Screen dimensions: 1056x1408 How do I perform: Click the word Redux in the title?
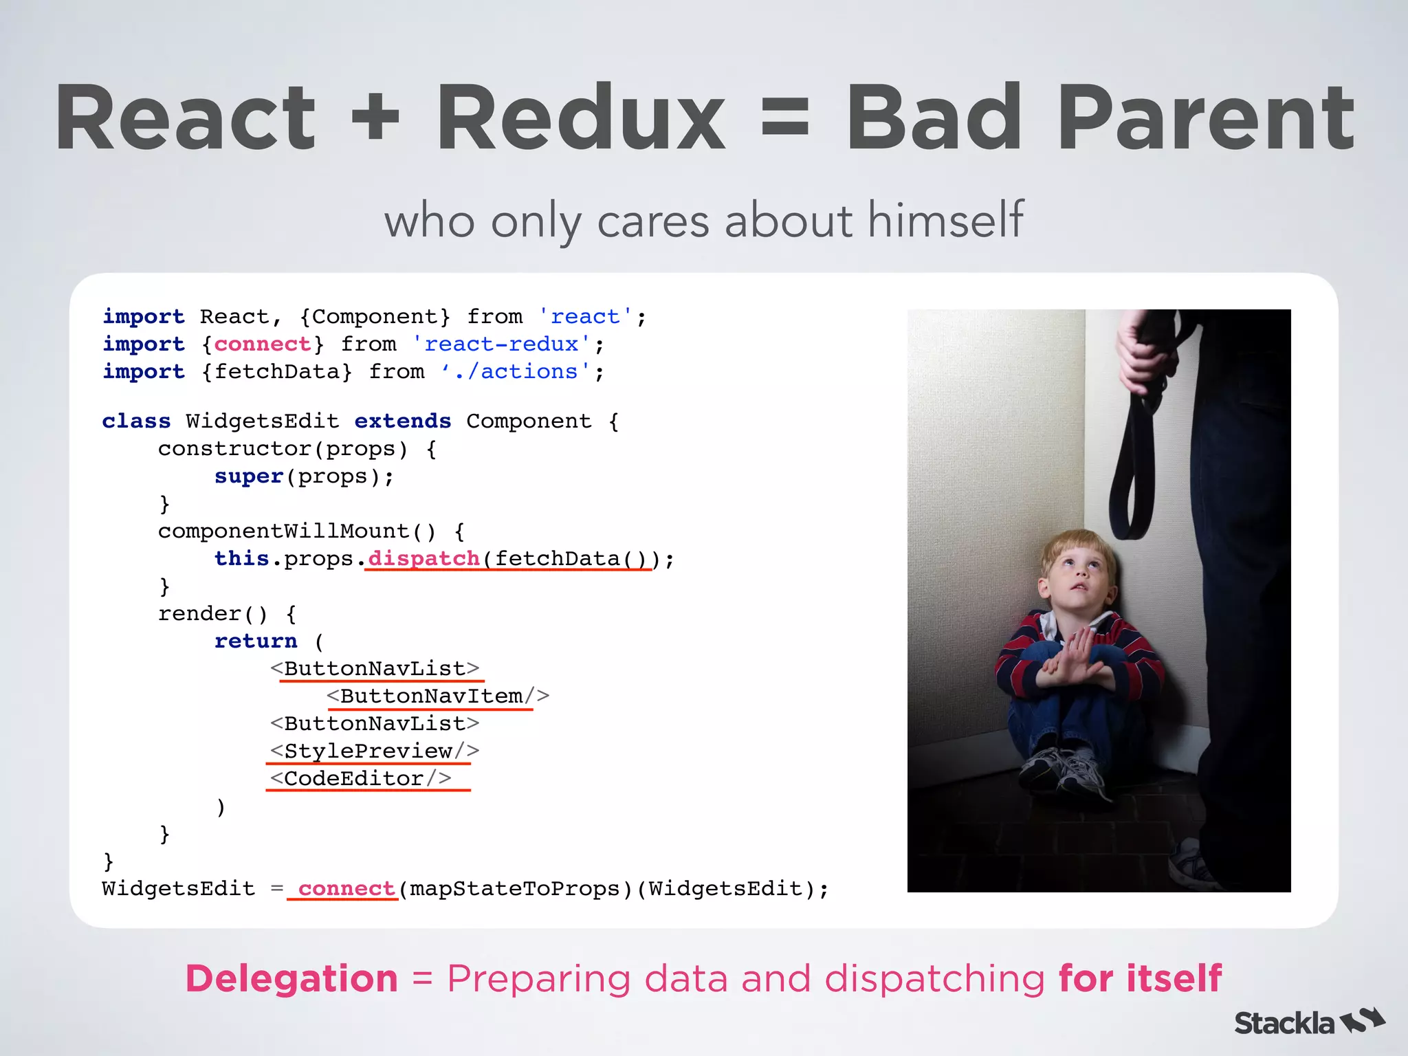[581, 118]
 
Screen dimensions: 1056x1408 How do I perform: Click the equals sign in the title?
[785, 118]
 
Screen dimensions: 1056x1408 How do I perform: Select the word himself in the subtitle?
[945, 220]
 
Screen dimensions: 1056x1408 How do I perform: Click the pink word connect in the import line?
[262, 344]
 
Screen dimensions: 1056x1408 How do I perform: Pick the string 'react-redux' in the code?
[500, 344]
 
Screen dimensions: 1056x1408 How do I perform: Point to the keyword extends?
[403, 421]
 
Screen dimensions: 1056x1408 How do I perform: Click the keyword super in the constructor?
[249, 476]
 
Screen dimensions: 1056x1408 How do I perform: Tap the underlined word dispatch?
[423, 558]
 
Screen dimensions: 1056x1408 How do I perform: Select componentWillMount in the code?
[283, 531]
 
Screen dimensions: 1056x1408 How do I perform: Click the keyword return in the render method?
[256, 641]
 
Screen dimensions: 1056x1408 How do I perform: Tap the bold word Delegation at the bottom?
[291, 978]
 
